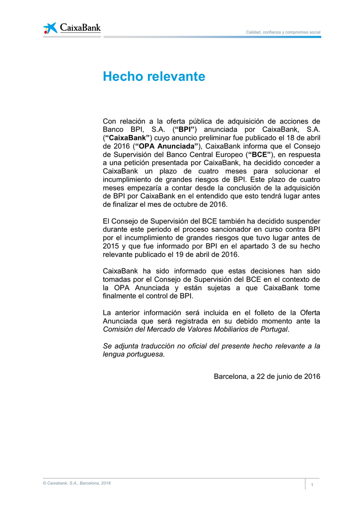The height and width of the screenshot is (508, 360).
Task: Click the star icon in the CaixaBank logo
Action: point(50,28)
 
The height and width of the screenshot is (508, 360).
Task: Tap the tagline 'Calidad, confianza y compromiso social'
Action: point(284,32)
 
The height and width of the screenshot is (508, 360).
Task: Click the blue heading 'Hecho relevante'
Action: point(153,77)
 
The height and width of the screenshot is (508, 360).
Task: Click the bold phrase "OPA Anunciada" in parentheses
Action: point(167,146)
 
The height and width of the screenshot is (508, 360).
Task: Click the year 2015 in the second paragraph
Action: point(111,246)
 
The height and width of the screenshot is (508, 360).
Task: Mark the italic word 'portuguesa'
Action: point(144,354)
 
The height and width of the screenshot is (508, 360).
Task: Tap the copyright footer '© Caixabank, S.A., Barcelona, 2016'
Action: point(76,483)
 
